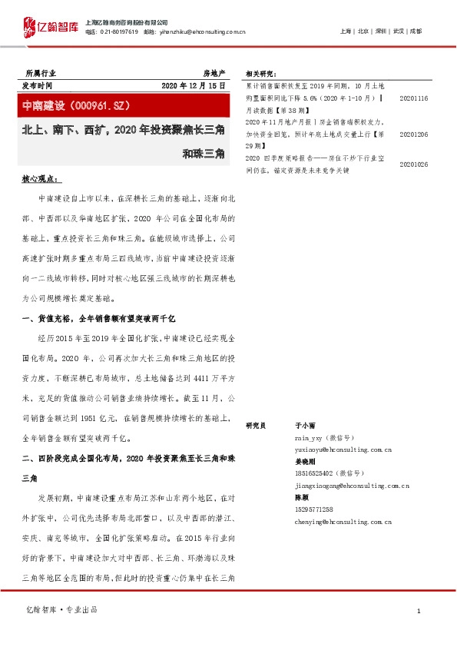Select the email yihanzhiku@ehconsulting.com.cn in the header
point(204,32)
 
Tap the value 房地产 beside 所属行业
point(214,71)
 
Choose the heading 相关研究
point(260,74)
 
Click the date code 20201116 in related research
point(414,99)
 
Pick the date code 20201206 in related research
point(414,133)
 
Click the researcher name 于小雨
point(305,425)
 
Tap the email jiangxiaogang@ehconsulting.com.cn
point(352,486)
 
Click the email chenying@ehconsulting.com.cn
point(343,522)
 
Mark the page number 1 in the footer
point(418,610)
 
